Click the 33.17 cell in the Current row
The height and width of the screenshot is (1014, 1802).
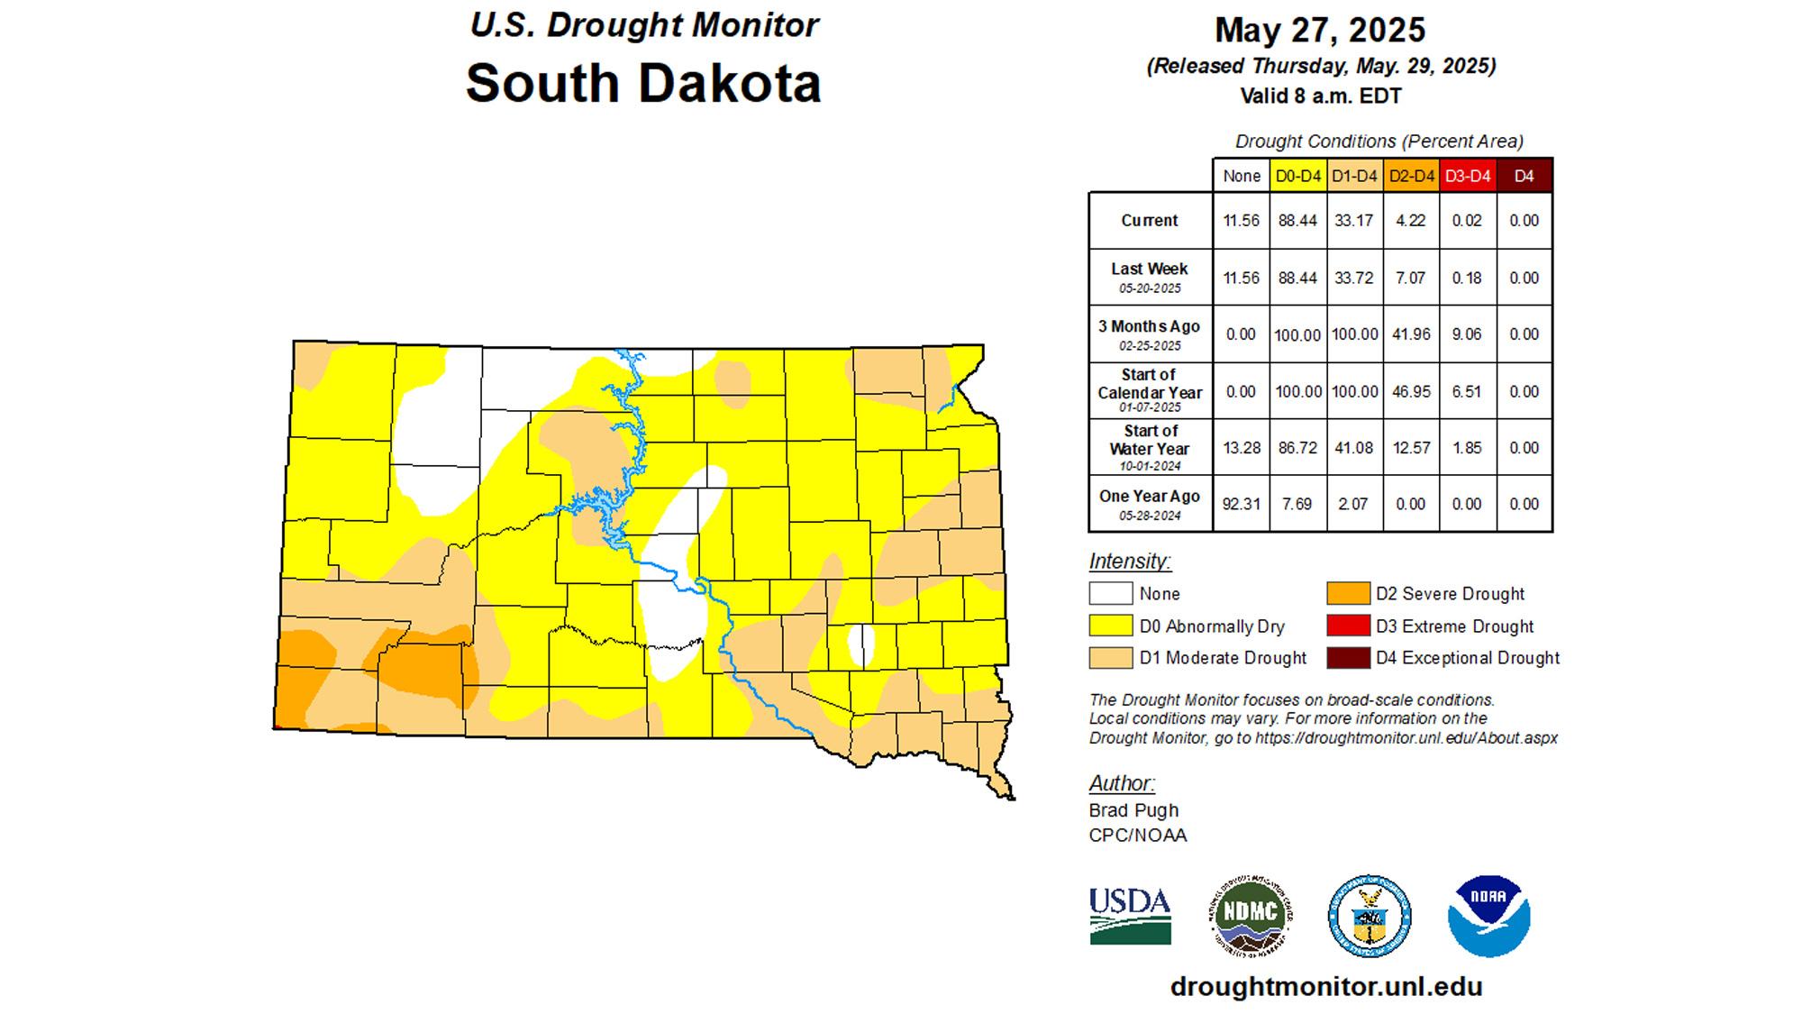click(x=1353, y=221)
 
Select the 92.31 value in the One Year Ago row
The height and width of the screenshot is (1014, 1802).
click(x=1241, y=504)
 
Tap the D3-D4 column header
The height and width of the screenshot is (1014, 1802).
click(x=1468, y=176)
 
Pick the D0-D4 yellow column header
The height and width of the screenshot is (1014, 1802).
click(x=1297, y=176)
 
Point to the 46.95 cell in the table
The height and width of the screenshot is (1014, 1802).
click(x=1410, y=392)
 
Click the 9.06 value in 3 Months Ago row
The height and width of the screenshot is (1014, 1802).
click(x=1467, y=334)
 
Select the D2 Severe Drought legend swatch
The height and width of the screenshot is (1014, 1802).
click(x=1348, y=594)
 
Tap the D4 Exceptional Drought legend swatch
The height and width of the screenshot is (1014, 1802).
click(x=1348, y=658)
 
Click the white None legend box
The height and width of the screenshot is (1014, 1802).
click(x=1110, y=594)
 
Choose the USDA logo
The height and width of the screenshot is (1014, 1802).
click(x=1130, y=916)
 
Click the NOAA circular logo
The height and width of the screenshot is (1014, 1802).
click(x=1488, y=916)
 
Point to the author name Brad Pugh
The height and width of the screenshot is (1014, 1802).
click(x=1133, y=810)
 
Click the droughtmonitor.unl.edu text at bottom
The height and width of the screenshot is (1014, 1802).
click(x=1325, y=986)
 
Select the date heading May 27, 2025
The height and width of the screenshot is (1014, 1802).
click(x=1320, y=30)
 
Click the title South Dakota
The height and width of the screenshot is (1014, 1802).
click(x=642, y=83)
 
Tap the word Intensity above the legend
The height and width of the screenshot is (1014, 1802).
click(x=1130, y=562)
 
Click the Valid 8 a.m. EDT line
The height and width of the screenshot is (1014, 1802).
click(x=1320, y=96)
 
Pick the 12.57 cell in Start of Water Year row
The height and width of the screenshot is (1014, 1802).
click(x=1410, y=448)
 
